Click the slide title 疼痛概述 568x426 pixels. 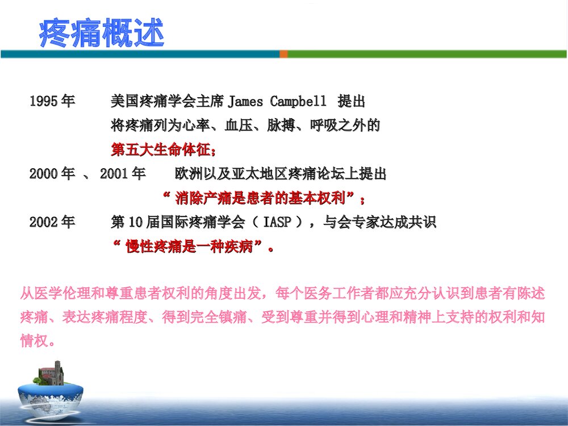[x=102, y=33]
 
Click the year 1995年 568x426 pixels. [x=52, y=102]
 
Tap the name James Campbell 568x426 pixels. [x=277, y=102]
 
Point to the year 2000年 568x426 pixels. [x=52, y=174]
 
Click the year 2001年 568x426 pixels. [x=123, y=174]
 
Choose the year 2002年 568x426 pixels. [x=52, y=222]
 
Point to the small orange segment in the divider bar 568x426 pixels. [x=283, y=54]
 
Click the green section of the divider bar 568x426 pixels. [x=426, y=54]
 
